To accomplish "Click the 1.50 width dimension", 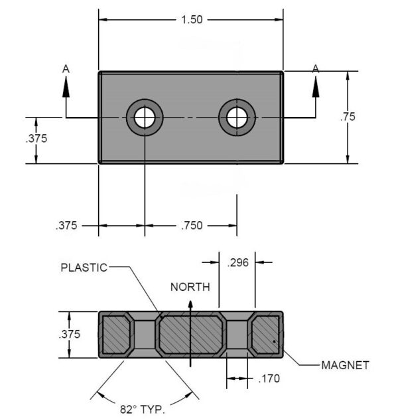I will tap(191, 20).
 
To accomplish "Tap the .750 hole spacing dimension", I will tap(191, 226).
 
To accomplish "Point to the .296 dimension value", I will tap(237, 263).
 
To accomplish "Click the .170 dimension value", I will tap(269, 379).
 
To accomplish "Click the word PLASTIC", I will tap(84, 268).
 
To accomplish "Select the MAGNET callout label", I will tap(345, 365).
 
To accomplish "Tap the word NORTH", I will tap(190, 288).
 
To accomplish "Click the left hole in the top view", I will tap(145, 118).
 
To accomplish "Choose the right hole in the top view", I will tap(237, 118).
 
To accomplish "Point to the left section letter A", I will tap(65, 68).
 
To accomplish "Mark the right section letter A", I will tap(316, 68).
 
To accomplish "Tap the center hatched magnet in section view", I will tap(190, 334).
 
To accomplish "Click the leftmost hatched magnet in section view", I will tap(116, 334).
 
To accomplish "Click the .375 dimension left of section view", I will tap(70, 334).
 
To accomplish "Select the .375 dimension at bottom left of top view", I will tap(66, 226).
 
